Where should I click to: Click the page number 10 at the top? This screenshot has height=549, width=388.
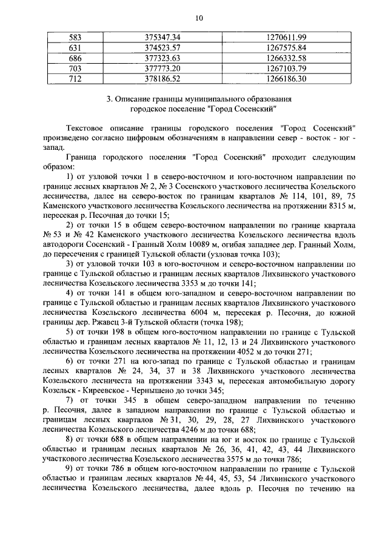(198, 17)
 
